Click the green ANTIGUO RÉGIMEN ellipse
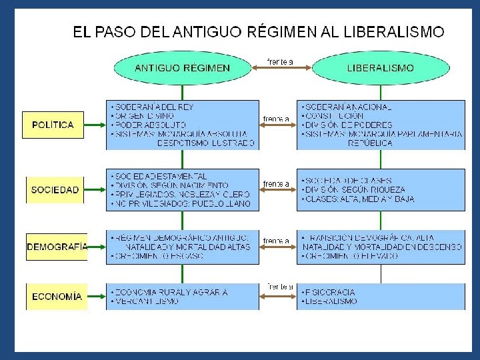[x=183, y=68]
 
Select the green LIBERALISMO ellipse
[x=381, y=68]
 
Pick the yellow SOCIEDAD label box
[x=55, y=189]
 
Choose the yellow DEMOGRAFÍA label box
[x=57, y=247]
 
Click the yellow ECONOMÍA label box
[x=57, y=296]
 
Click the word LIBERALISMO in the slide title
[x=393, y=31]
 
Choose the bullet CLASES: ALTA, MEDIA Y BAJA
[x=357, y=199]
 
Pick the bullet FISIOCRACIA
[x=328, y=292]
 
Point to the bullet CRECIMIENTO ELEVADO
[x=350, y=256]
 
